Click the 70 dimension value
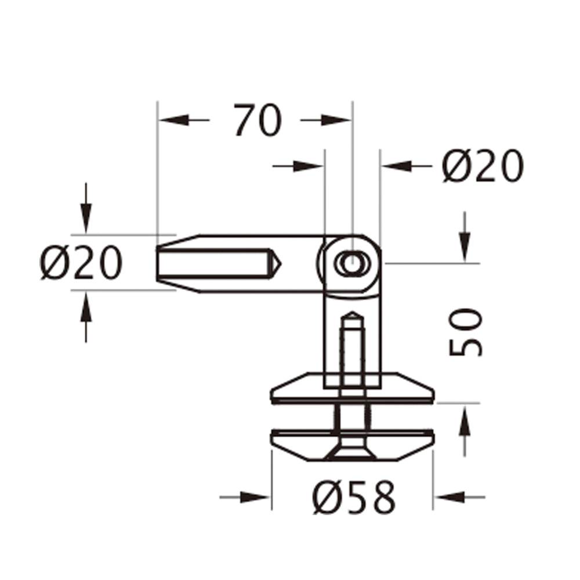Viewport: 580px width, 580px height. (258, 121)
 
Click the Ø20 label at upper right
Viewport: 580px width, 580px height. (483, 166)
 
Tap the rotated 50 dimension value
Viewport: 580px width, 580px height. (465, 332)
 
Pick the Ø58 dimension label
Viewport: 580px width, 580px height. (354, 498)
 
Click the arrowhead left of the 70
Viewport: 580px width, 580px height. (174, 120)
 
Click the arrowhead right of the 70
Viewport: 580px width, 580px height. (336, 120)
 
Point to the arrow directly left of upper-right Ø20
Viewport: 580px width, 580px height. (397, 166)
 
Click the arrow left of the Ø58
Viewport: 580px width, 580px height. (255, 497)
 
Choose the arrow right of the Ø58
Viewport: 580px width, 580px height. (449, 497)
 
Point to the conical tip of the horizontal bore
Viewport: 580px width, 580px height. (274, 263)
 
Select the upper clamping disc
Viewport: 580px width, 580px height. (352, 389)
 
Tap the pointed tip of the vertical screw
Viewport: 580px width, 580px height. (352, 317)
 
